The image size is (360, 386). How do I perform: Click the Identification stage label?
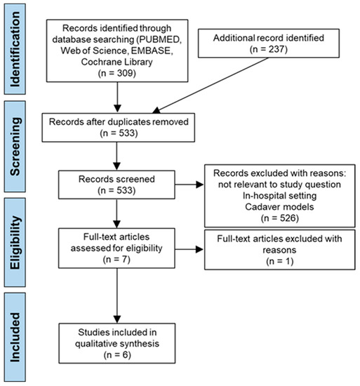pyautogui.click(x=15, y=49)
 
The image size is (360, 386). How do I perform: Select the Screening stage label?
pyautogui.click(x=15, y=147)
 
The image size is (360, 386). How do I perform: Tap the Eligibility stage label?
pyautogui.click(x=15, y=243)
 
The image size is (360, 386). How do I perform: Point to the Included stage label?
pyautogui.click(x=15, y=338)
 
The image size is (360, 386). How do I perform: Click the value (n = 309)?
pyautogui.click(x=117, y=73)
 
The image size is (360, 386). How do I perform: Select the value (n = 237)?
pyautogui.click(x=269, y=49)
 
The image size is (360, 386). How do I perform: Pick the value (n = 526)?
pyautogui.click(x=280, y=218)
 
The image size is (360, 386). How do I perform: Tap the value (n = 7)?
pyautogui.click(x=116, y=260)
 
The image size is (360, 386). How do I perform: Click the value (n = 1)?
pyautogui.click(x=280, y=261)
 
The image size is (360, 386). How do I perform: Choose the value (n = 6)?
pyautogui.click(x=117, y=354)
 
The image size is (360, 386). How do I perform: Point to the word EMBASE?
pyautogui.click(x=152, y=51)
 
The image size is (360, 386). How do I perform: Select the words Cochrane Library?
pyautogui.click(x=117, y=62)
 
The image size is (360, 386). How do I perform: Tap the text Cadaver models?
pyautogui.click(x=279, y=207)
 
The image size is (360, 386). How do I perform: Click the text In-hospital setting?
pyautogui.click(x=279, y=196)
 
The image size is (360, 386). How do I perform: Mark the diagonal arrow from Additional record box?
pyautogui.click(x=211, y=86)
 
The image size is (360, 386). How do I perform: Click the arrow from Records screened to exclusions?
pyautogui.click(x=189, y=185)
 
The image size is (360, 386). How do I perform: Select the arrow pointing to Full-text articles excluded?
pyautogui.click(x=189, y=249)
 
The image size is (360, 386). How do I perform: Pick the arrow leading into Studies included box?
pyautogui.click(x=117, y=295)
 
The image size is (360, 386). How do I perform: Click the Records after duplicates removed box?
pyautogui.click(x=119, y=128)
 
